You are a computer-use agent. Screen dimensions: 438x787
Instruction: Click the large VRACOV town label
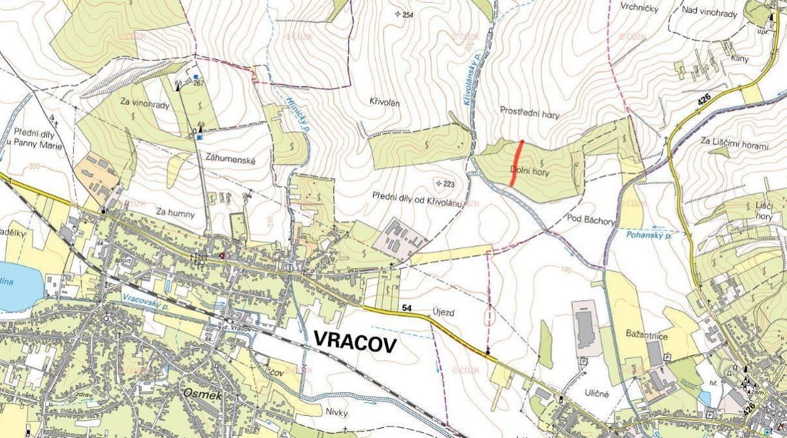(355, 341)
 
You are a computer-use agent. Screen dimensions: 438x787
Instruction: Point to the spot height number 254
(408, 14)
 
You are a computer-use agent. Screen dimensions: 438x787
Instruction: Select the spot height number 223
(448, 184)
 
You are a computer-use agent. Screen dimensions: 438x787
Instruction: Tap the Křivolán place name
(384, 102)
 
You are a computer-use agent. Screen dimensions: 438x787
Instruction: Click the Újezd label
(443, 313)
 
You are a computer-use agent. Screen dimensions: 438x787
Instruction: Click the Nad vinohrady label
(709, 13)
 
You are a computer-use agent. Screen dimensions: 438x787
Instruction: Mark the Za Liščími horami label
(735, 144)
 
